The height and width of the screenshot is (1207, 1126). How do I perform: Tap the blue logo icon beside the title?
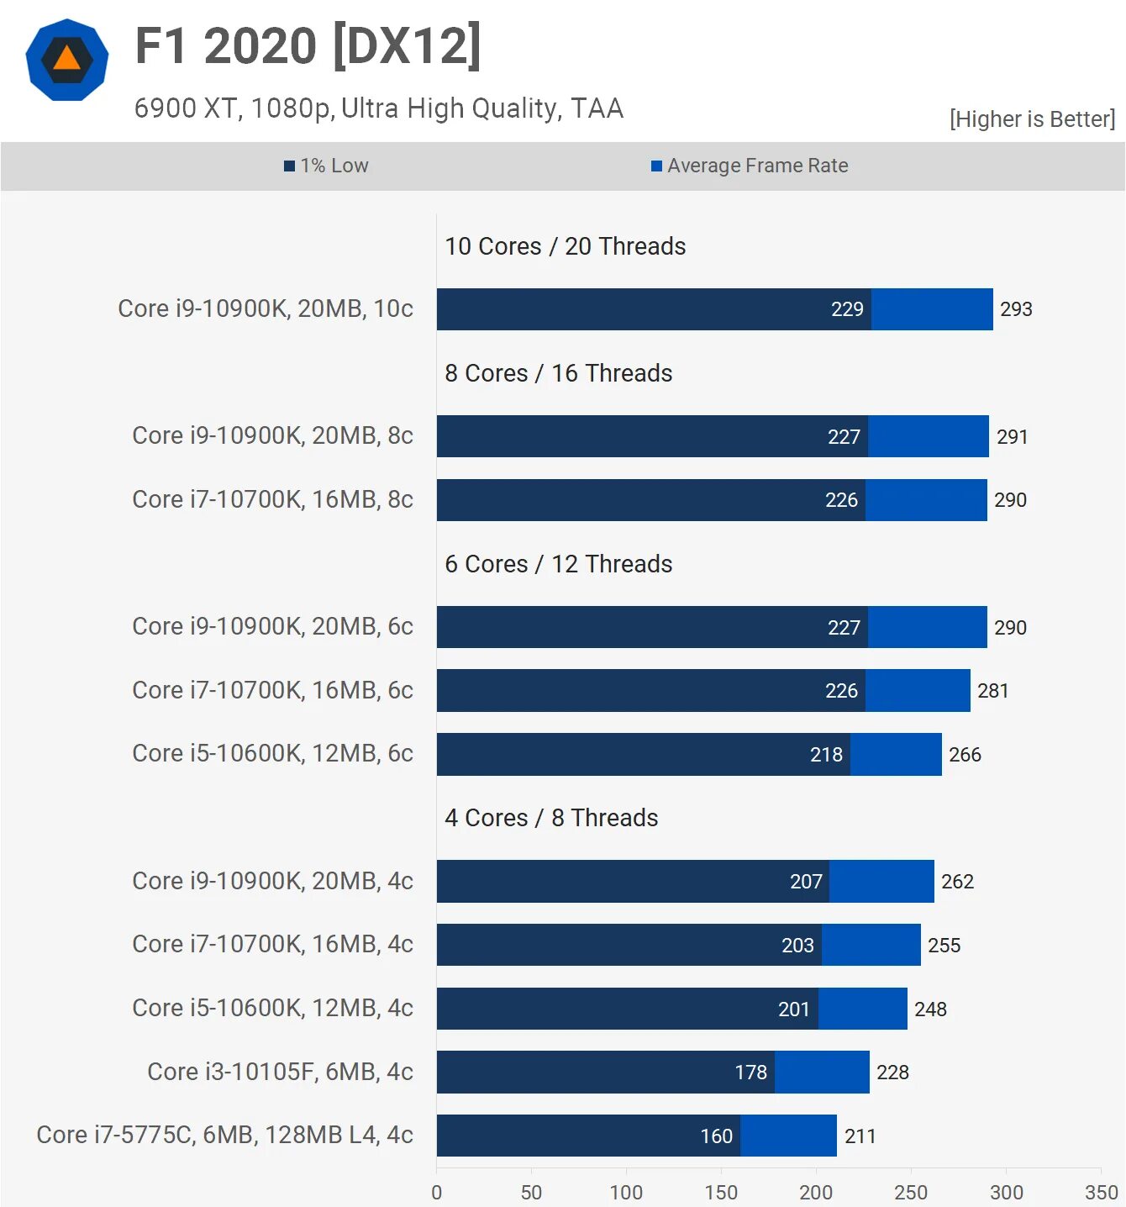pyautogui.click(x=67, y=60)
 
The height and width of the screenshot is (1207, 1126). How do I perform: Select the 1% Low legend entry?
pyautogui.click(x=327, y=166)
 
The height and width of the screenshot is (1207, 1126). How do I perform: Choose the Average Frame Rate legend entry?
pyautogui.click(x=750, y=166)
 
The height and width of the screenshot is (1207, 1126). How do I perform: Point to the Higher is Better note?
pyautogui.click(x=1032, y=119)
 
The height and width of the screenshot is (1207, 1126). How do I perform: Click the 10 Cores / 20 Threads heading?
pyautogui.click(x=565, y=246)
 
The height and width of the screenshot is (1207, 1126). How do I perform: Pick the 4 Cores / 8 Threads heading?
pyautogui.click(x=551, y=818)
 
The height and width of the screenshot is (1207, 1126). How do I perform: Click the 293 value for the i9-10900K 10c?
pyautogui.click(x=1016, y=309)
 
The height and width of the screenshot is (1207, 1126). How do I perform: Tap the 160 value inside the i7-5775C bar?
pyautogui.click(x=717, y=1136)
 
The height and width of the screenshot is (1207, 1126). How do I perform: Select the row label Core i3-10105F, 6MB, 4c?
pyautogui.click(x=280, y=1072)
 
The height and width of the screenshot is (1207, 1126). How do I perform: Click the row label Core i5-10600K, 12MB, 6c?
pyautogui.click(x=272, y=753)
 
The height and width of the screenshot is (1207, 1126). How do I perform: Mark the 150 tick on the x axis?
pyautogui.click(x=721, y=1192)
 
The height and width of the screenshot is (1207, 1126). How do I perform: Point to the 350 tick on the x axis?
pyautogui.click(x=1101, y=1192)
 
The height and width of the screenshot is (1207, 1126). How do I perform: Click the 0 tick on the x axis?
pyautogui.click(x=437, y=1192)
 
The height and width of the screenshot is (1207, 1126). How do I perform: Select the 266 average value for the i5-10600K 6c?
pyautogui.click(x=965, y=755)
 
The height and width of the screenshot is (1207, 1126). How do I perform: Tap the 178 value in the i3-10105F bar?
pyautogui.click(x=751, y=1073)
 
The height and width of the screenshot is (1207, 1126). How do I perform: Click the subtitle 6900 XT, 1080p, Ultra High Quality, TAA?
pyautogui.click(x=379, y=108)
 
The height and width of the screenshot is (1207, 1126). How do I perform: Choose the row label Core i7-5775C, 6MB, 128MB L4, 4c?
pyautogui.click(x=224, y=1135)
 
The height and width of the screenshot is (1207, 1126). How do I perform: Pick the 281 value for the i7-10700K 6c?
pyautogui.click(x=992, y=691)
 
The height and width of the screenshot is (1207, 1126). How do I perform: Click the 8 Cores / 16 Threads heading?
pyautogui.click(x=558, y=373)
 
